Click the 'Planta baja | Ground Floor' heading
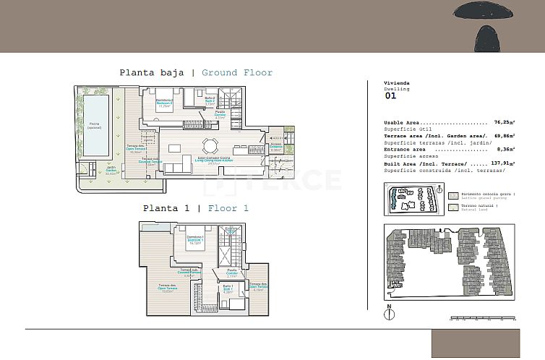[196, 72]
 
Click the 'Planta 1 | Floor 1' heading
[195, 208]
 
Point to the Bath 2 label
[210, 101]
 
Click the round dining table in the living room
[210, 143]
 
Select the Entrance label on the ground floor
[275, 147]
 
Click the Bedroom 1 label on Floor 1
[194, 241]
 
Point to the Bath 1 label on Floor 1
[227, 290]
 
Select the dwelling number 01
[390, 95]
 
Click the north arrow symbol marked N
[389, 313]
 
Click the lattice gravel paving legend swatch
[453, 195]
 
